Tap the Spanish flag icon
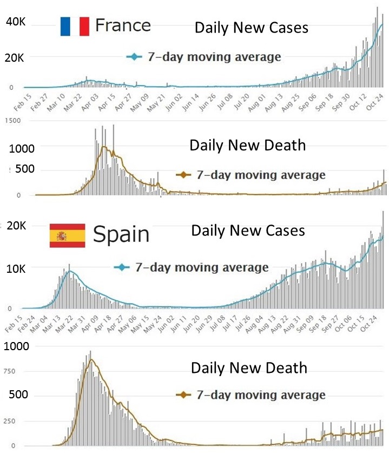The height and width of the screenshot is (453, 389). click(67, 235)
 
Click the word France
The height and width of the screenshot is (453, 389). click(123, 25)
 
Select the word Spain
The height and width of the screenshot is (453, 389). click(121, 234)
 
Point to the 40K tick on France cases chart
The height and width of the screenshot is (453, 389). click(14, 22)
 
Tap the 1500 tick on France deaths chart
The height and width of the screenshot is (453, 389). click(11, 122)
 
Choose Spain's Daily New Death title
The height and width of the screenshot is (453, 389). click(249, 368)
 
